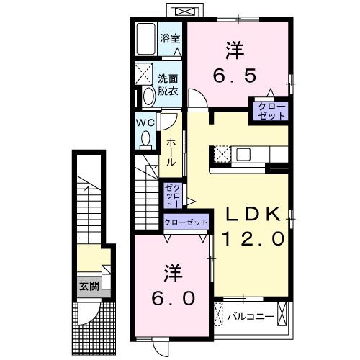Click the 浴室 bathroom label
click(x=169, y=38)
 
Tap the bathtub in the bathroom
click(x=145, y=39)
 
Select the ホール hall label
click(x=172, y=153)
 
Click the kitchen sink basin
click(x=242, y=153)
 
